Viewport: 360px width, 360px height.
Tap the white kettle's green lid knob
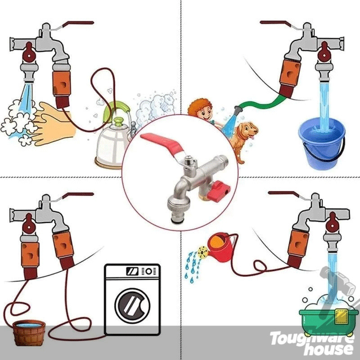pos(119,121)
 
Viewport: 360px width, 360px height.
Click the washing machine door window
pos(132,306)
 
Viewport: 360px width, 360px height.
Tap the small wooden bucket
pos(29,333)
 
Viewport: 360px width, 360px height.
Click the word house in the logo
pos(329,349)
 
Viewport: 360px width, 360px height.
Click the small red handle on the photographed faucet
pos(219,191)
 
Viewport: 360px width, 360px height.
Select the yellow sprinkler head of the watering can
pos(203,252)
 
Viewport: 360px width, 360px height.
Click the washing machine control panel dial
pos(149,271)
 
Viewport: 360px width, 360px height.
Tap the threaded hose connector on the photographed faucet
pos(179,211)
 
